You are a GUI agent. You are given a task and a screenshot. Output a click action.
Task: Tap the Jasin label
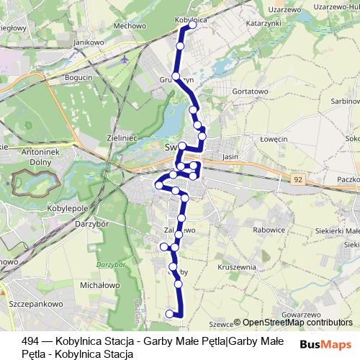point(230,156)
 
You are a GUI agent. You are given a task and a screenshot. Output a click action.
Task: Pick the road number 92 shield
point(297,181)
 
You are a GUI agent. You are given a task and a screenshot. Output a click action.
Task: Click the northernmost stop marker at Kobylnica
point(192,25)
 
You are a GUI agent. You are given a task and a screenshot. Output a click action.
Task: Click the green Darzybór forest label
point(106,265)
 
